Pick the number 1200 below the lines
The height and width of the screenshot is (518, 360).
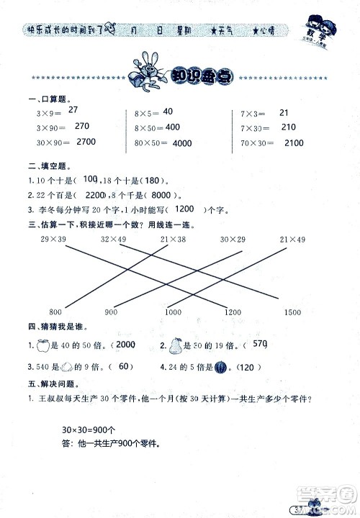point(232,311)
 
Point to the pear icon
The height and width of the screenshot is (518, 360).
point(173,346)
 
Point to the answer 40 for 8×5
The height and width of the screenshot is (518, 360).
point(168,112)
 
